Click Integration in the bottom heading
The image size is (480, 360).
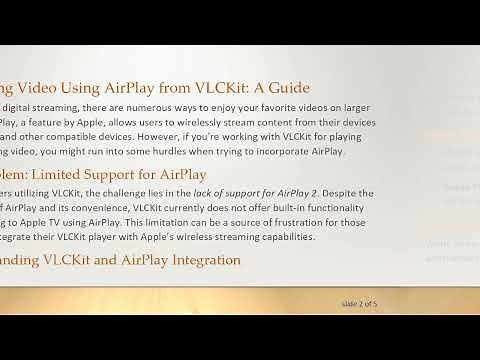195,261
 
